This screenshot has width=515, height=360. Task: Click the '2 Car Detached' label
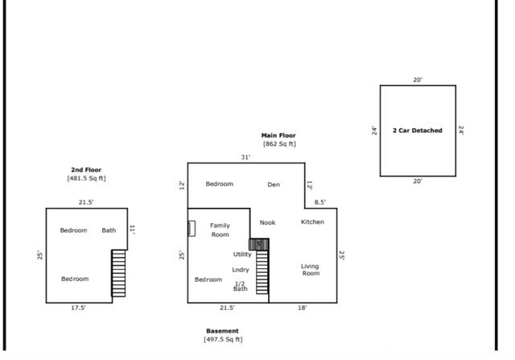pos(417,130)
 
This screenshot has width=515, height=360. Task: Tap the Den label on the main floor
pos(274,184)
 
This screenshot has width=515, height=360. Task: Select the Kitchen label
pos(312,221)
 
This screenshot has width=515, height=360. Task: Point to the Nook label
pos(267,221)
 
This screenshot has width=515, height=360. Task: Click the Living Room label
pos(310,269)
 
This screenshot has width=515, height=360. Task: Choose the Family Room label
pos(220,230)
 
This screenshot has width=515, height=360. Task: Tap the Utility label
pos(242,254)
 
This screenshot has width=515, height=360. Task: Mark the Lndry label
pos(241,269)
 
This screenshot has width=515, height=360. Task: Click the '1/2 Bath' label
pos(240,285)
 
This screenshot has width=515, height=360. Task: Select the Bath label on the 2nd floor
pos(109,230)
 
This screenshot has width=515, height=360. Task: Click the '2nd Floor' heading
pos(86,170)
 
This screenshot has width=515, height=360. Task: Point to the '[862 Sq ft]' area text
pos(278,144)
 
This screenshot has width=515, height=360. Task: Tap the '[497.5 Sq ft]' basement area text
pos(222,339)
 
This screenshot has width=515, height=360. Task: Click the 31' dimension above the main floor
pos(245,157)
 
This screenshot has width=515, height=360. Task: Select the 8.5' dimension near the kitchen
pos(319,202)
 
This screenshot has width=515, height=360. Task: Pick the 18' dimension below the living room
pos(303,308)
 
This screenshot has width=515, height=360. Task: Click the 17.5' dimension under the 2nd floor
pos(78,307)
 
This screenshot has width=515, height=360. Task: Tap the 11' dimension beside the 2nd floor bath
pos(134,229)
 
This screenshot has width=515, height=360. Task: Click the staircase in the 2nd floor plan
pos(118,273)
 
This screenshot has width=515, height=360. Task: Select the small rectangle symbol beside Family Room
pos(192,228)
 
